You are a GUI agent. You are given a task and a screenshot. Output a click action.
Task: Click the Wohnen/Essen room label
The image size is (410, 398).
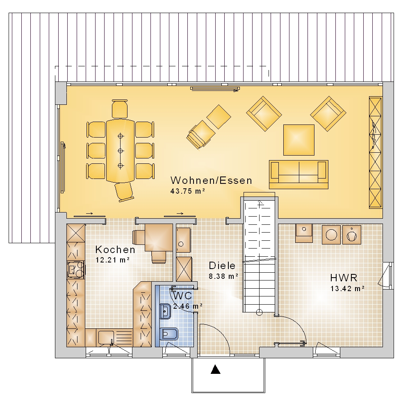[211, 181]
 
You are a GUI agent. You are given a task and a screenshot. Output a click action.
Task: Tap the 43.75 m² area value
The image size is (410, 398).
[187, 191]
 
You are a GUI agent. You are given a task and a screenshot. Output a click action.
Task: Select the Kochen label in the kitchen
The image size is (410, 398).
[115, 250]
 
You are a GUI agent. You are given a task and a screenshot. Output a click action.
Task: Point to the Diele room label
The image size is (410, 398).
[222, 266]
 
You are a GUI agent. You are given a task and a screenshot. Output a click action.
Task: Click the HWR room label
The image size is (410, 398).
[344, 278]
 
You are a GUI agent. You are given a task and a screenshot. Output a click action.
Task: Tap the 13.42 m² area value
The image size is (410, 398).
[348, 289]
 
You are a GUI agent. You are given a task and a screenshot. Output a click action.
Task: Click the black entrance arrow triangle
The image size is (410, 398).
[216, 369]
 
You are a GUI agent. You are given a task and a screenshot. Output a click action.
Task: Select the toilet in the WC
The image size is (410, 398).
[169, 334]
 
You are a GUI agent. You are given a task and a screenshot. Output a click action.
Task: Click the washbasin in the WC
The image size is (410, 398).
[165, 311]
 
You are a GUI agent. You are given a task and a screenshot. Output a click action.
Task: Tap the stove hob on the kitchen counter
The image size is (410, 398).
[76, 270]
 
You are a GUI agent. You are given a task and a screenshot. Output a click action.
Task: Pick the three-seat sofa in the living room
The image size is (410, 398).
[298, 174]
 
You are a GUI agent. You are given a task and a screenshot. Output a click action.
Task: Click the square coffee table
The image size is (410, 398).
[299, 140]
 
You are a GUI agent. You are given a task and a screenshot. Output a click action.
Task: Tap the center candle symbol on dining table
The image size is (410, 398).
[121, 151]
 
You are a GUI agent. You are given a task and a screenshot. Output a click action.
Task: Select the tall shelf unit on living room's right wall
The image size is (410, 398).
[376, 152]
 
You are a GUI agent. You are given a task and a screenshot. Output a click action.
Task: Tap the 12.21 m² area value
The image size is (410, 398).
[112, 260]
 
